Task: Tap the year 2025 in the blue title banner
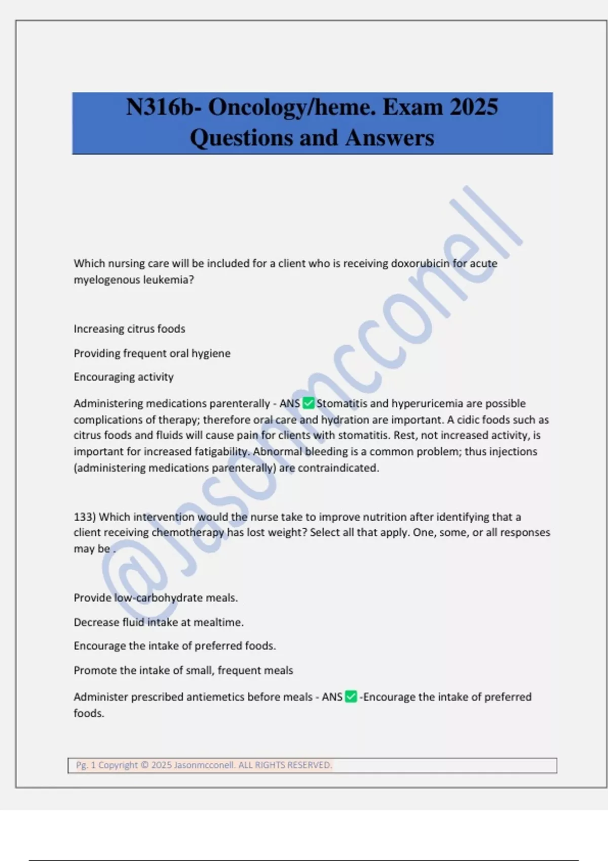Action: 474,107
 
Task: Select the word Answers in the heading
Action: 390,138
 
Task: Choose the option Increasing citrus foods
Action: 129,329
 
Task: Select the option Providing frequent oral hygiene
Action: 152,353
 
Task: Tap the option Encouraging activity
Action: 124,377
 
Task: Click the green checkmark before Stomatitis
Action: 308,403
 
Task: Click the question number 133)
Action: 85,517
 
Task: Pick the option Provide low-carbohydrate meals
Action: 156,598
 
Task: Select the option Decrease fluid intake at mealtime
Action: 159,622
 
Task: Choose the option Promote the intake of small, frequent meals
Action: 183,670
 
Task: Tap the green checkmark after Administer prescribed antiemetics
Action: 351,697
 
